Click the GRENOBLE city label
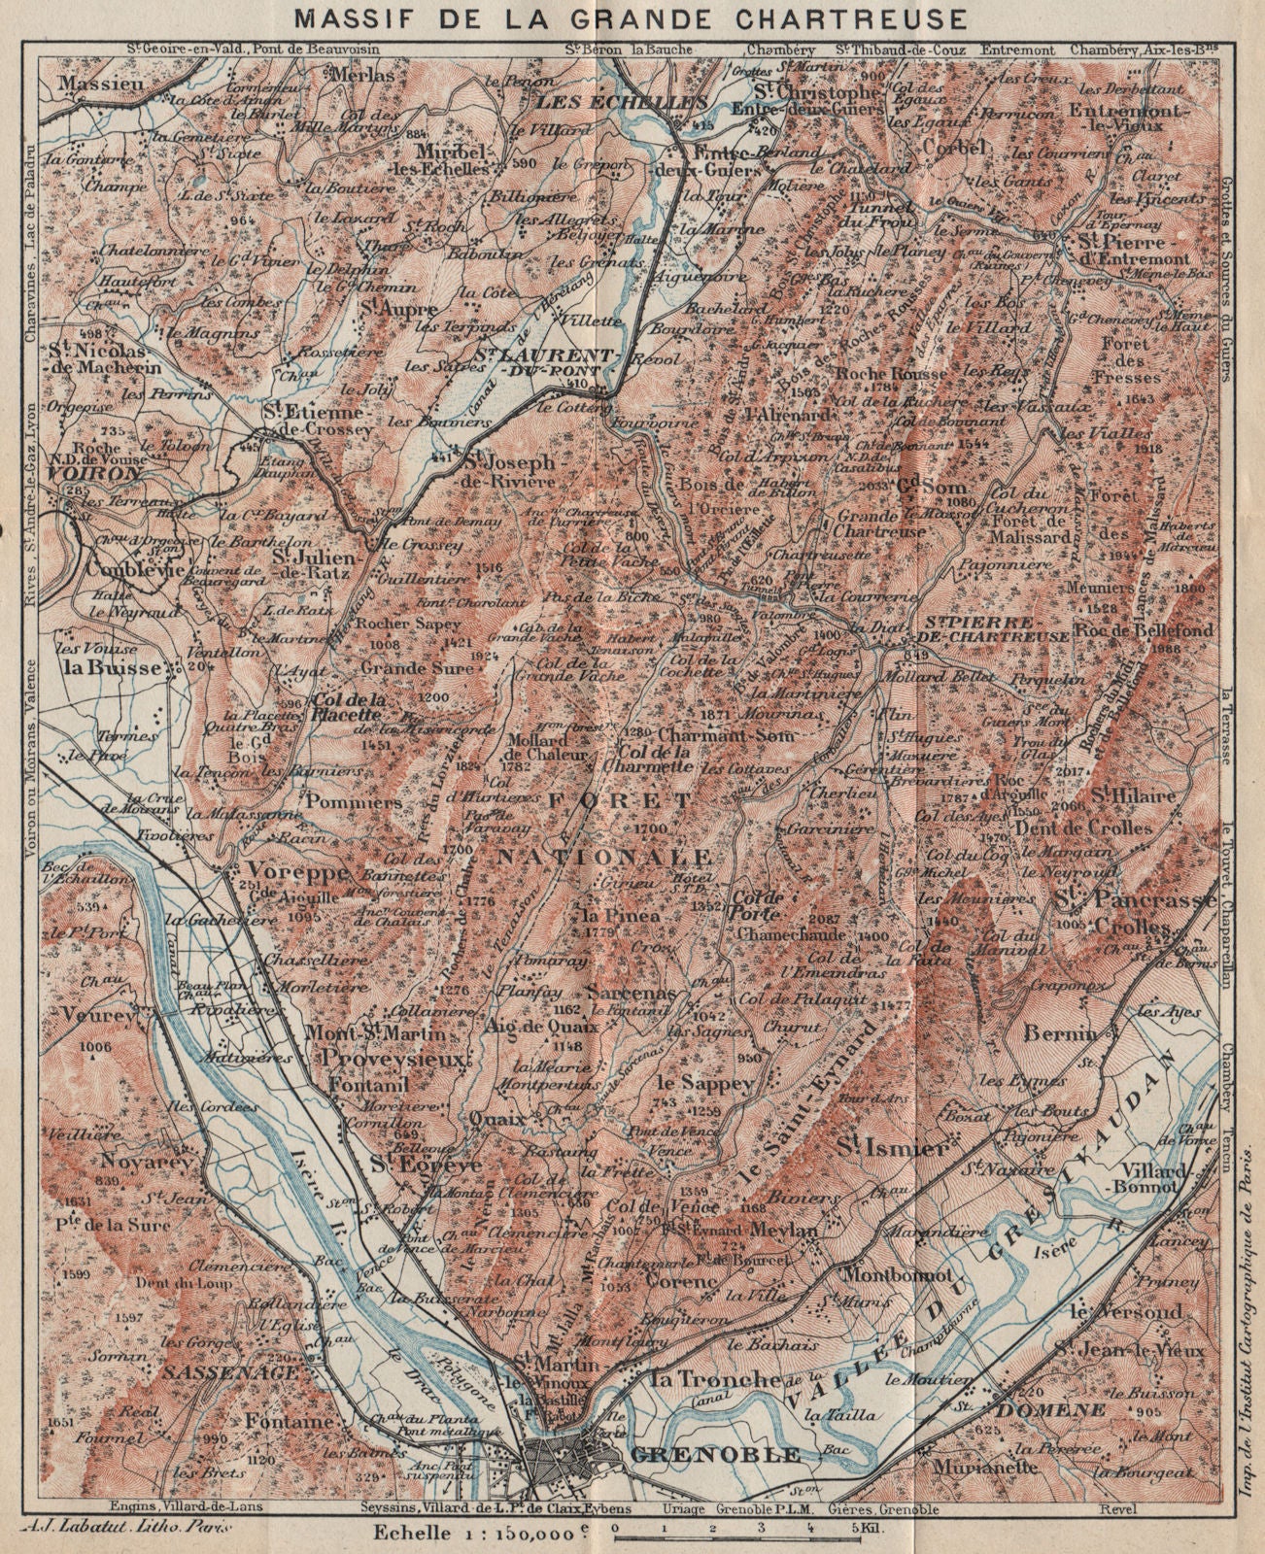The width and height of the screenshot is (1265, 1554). (x=716, y=1454)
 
